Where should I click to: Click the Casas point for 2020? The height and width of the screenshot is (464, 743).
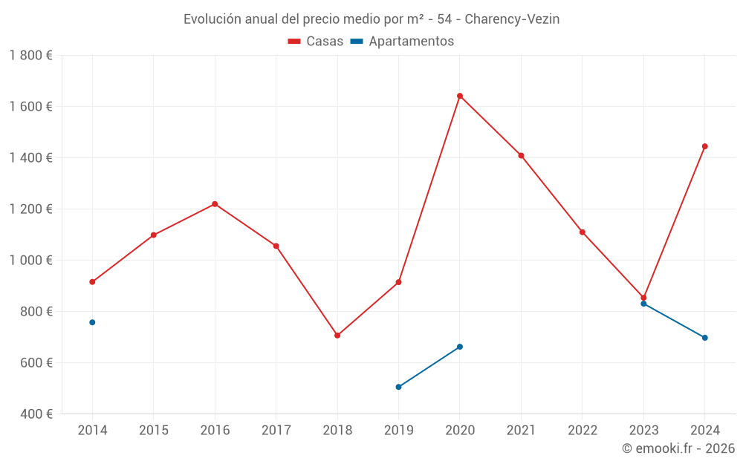point(460,96)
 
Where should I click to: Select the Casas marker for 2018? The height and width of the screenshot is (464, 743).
point(337,336)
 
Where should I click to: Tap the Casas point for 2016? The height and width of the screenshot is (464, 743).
point(215,204)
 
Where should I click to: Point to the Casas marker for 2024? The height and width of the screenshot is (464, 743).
point(705,146)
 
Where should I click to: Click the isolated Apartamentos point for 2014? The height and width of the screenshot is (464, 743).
point(92,322)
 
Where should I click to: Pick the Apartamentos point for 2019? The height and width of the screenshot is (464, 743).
point(399,387)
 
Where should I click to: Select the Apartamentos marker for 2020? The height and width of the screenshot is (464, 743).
point(460,347)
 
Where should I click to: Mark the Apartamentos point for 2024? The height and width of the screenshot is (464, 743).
point(705,338)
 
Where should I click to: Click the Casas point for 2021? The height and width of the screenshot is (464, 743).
point(522,156)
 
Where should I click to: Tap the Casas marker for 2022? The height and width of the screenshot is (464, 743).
point(583,232)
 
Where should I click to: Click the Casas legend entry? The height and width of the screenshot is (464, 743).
point(316,42)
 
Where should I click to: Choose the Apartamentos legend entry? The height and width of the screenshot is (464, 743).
point(402,42)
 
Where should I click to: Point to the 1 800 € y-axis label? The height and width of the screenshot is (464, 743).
point(30,56)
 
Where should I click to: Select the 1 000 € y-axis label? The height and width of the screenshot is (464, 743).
point(30,261)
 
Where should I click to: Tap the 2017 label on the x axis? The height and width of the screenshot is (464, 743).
point(276,431)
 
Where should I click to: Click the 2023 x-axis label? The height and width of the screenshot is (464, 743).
point(643,431)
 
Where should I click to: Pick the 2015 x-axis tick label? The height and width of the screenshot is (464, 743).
point(153,431)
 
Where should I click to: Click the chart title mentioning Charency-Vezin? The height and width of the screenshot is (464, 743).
point(371,19)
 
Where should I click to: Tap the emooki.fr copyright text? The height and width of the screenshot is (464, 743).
point(678,448)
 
